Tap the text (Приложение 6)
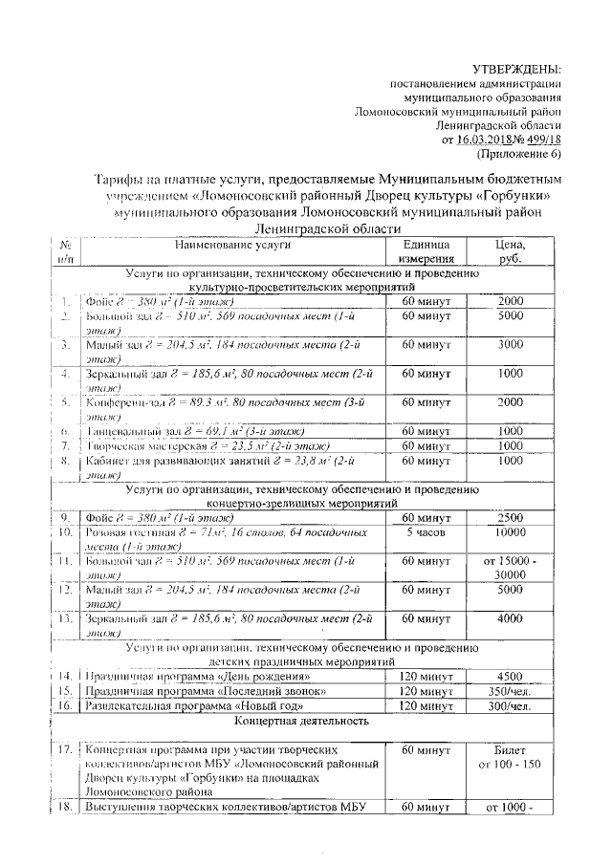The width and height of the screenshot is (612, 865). coord(519,154)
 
